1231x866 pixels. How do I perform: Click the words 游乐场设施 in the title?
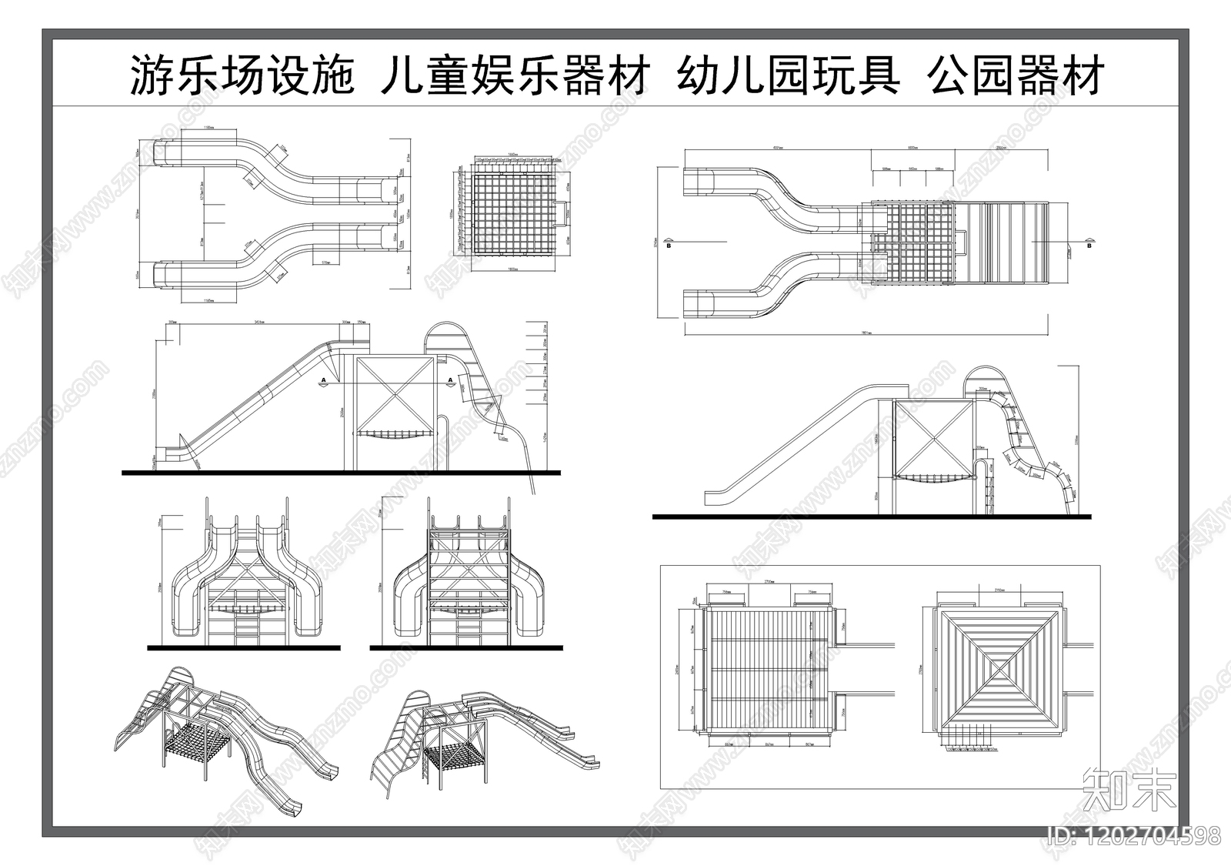tap(241, 76)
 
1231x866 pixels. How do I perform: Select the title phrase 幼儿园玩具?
tap(789, 76)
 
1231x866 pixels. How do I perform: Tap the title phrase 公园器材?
tap(1016, 76)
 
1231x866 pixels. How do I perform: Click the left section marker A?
tap(324, 381)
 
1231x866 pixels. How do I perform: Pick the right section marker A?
tap(450, 381)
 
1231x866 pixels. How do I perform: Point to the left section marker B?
tap(669, 245)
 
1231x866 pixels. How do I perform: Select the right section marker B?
tap(1089, 245)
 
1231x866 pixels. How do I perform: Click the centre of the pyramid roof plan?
tap(1000, 668)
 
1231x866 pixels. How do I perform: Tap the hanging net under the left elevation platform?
tap(393, 436)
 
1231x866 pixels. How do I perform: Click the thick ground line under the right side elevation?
tap(871, 517)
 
